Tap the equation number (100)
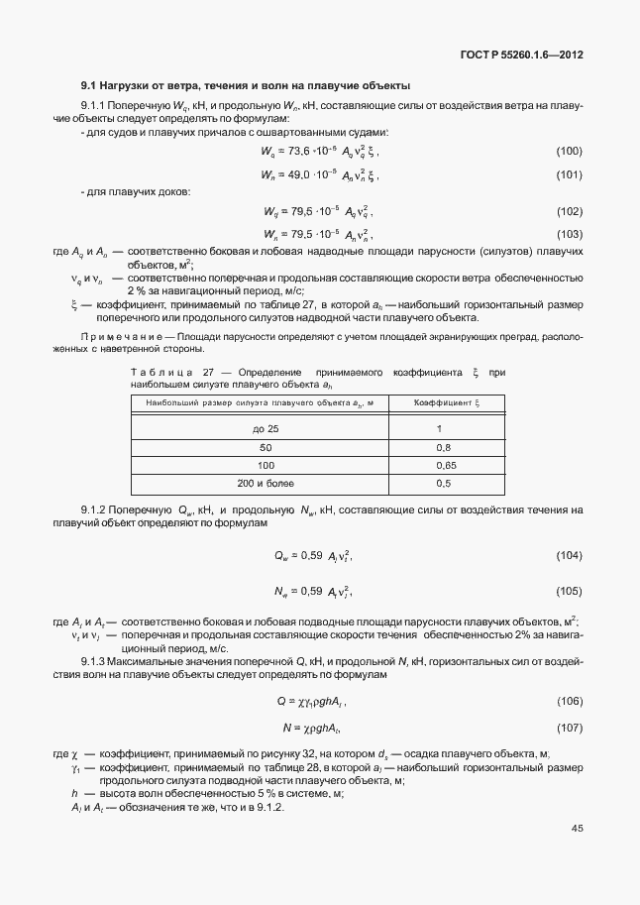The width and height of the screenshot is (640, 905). (569, 151)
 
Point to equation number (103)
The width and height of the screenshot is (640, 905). (569, 235)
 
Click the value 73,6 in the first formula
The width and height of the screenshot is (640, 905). (298, 151)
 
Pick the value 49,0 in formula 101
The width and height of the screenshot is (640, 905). (298, 174)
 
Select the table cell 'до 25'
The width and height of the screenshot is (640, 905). (266, 428)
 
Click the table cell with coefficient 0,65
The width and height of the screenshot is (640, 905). (445, 465)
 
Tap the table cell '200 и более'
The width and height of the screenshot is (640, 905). (266, 483)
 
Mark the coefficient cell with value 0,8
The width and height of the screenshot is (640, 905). (444, 447)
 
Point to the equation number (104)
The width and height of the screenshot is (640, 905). (569, 555)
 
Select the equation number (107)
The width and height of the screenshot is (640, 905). (569, 728)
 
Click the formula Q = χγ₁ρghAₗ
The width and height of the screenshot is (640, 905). (311, 702)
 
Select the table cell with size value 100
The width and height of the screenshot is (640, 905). (266, 465)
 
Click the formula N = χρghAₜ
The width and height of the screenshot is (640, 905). (311, 728)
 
